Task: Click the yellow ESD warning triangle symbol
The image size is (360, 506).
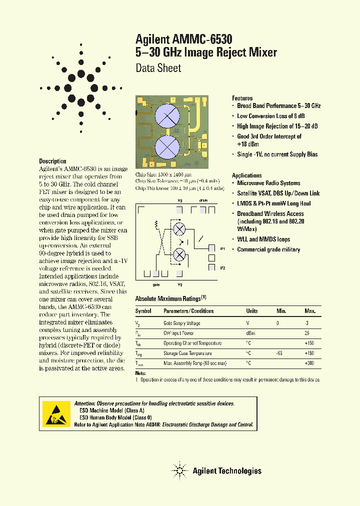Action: point(55,413)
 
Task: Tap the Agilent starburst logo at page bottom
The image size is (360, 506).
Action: point(179,470)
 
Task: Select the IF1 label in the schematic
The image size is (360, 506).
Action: point(222,248)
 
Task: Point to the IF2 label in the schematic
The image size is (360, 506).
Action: point(222,268)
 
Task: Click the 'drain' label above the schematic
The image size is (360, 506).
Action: point(203,199)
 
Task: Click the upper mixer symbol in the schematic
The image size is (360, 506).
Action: point(179,229)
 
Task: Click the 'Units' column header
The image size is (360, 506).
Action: point(252,311)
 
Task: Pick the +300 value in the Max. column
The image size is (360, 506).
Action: point(310,363)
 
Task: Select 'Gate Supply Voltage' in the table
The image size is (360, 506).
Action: point(182,323)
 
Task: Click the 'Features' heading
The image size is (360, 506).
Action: point(242,98)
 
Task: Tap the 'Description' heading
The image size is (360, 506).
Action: point(52,161)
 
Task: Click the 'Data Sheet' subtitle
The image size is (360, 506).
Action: point(158,68)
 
